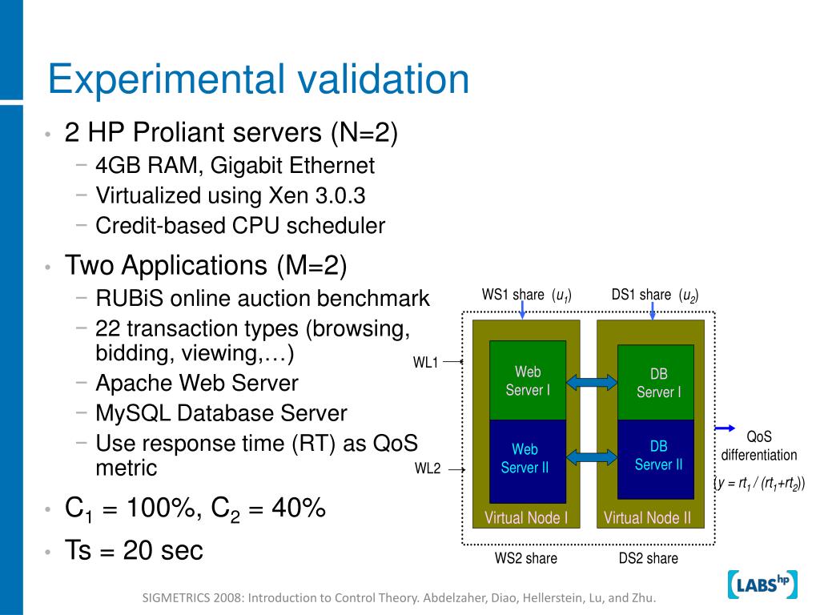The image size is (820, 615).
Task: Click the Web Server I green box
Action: (x=527, y=380)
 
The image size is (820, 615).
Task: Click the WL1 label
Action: (x=426, y=362)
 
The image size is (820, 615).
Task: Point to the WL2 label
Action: (x=428, y=468)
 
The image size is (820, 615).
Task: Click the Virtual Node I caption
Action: (x=526, y=517)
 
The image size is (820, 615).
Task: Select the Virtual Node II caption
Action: (x=647, y=517)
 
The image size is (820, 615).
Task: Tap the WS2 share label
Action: (x=525, y=558)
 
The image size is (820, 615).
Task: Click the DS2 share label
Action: (x=648, y=558)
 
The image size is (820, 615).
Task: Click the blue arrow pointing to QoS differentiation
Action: (x=724, y=427)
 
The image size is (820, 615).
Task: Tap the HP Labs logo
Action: (x=762, y=585)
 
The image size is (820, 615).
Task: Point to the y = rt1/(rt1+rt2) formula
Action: (x=759, y=483)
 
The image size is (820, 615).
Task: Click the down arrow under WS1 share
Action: (x=522, y=311)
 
